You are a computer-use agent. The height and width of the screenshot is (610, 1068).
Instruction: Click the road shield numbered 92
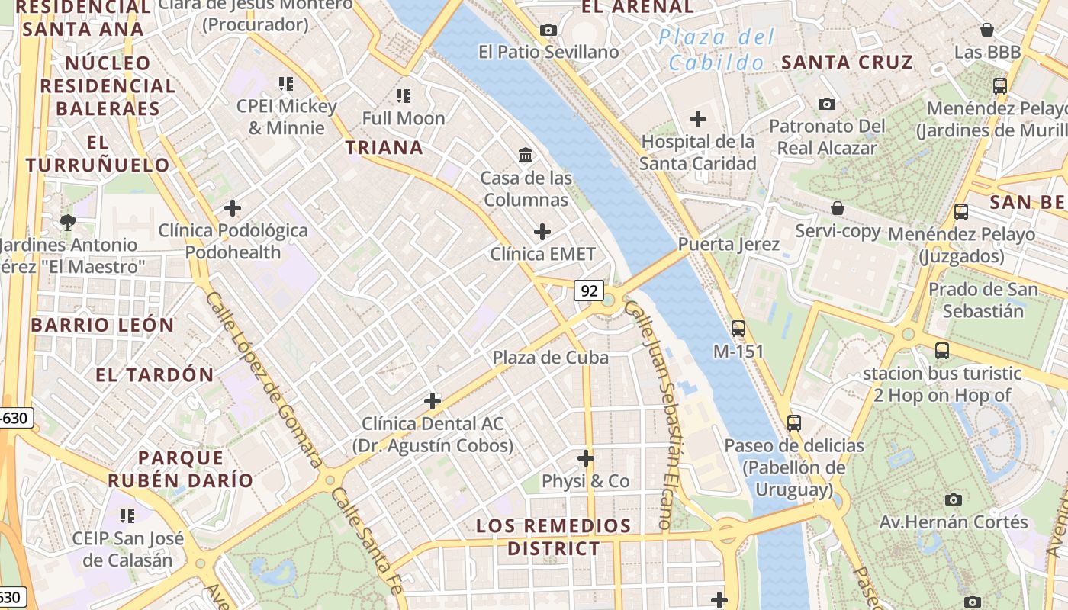[x=588, y=291]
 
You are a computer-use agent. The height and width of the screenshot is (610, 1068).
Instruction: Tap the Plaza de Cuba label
[x=550, y=358]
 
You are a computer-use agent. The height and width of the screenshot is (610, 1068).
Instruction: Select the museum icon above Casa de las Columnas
[x=526, y=156]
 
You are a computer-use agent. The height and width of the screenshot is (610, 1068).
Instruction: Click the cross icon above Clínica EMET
[x=542, y=231]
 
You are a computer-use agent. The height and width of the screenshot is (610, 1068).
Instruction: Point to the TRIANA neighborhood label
[x=384, y=148]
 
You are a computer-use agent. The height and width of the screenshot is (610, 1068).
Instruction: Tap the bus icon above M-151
[x=738, y=329]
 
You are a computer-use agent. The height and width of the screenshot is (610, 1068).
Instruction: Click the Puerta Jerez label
[x=729, y=244]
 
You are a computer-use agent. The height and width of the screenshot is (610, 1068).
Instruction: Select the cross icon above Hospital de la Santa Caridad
[x=697, y=119]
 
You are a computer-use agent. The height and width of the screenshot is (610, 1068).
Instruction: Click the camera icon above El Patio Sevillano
[x=548, y=30]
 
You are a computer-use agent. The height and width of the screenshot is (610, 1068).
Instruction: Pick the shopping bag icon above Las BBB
[x=987, y=30]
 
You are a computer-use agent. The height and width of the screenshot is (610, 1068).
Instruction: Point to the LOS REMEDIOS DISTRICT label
[x=554, y=537]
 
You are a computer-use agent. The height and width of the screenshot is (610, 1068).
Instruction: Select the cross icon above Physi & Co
[x=586, y=458]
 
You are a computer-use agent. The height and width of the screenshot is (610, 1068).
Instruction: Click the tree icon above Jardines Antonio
[x=68, y=223]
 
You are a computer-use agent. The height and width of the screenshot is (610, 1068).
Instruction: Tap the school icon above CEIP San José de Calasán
[x=127, y=516]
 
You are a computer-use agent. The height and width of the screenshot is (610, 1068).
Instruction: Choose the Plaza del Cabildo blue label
[x=716, y=50]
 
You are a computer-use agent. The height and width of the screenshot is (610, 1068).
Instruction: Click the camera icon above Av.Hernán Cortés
[x=953, y=500]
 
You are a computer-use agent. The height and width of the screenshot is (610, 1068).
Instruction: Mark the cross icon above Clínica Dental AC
[x=433, y=401]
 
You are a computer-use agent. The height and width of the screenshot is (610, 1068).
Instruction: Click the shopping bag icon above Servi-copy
[x=838, y=208]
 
